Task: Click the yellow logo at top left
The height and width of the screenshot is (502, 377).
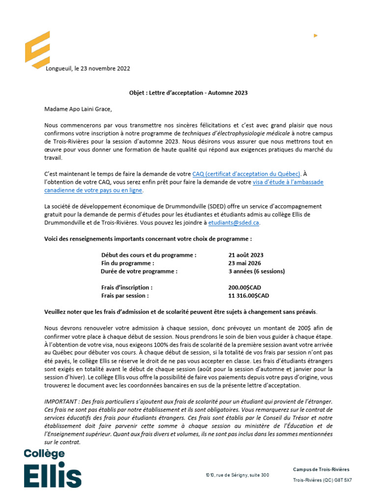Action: coord(37,50)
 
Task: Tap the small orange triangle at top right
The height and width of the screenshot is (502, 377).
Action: coord(315,35)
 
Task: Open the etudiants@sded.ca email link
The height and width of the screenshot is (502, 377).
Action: coord(234,222)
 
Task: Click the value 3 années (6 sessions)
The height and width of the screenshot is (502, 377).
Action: coord(256,271)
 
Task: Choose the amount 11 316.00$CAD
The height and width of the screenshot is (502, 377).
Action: coord(248,296)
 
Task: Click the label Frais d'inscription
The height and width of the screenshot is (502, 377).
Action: coord(127,287)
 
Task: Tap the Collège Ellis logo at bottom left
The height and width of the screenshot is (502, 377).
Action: coord(53,468)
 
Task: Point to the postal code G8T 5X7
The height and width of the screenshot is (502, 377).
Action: coord(341,480)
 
